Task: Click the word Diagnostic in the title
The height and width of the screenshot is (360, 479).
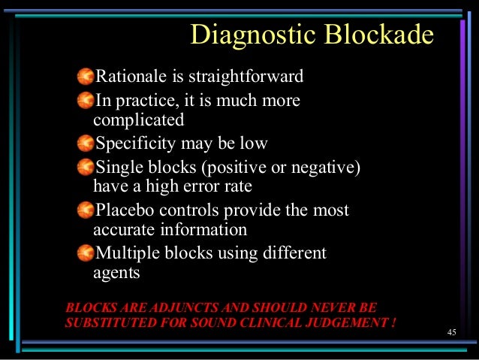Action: pos(252,35)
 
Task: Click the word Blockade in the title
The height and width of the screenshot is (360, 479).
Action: pos(378,35)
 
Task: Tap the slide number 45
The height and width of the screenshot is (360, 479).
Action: pos(451,332)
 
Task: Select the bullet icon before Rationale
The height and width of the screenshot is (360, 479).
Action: pos(86,76)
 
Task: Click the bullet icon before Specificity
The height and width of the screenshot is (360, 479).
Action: pos(86,142)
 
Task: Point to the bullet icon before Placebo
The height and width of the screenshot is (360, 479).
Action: pos(86,208)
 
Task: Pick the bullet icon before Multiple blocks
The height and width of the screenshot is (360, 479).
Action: pos(86,253)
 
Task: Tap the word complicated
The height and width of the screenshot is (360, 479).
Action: pos(138,119)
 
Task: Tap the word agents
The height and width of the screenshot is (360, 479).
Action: pos(116,273)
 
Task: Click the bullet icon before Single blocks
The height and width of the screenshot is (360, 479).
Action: pos(86,165)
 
